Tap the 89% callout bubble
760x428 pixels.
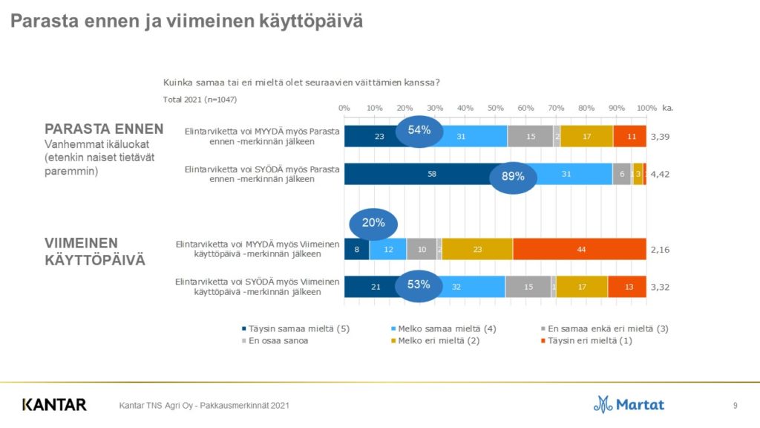[513, 176]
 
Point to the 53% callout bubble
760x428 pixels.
[419, 285]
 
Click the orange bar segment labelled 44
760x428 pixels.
[579, 249]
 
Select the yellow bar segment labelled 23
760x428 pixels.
[477, 249]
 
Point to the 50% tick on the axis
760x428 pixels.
[495, 108]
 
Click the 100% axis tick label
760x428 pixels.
[646, 108]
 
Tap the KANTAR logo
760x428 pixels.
[54, 405]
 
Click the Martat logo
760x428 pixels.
[629, 404]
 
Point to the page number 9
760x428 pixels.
[735, 405]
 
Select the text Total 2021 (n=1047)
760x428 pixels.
[200, 99]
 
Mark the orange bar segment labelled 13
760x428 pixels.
[626, 286]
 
